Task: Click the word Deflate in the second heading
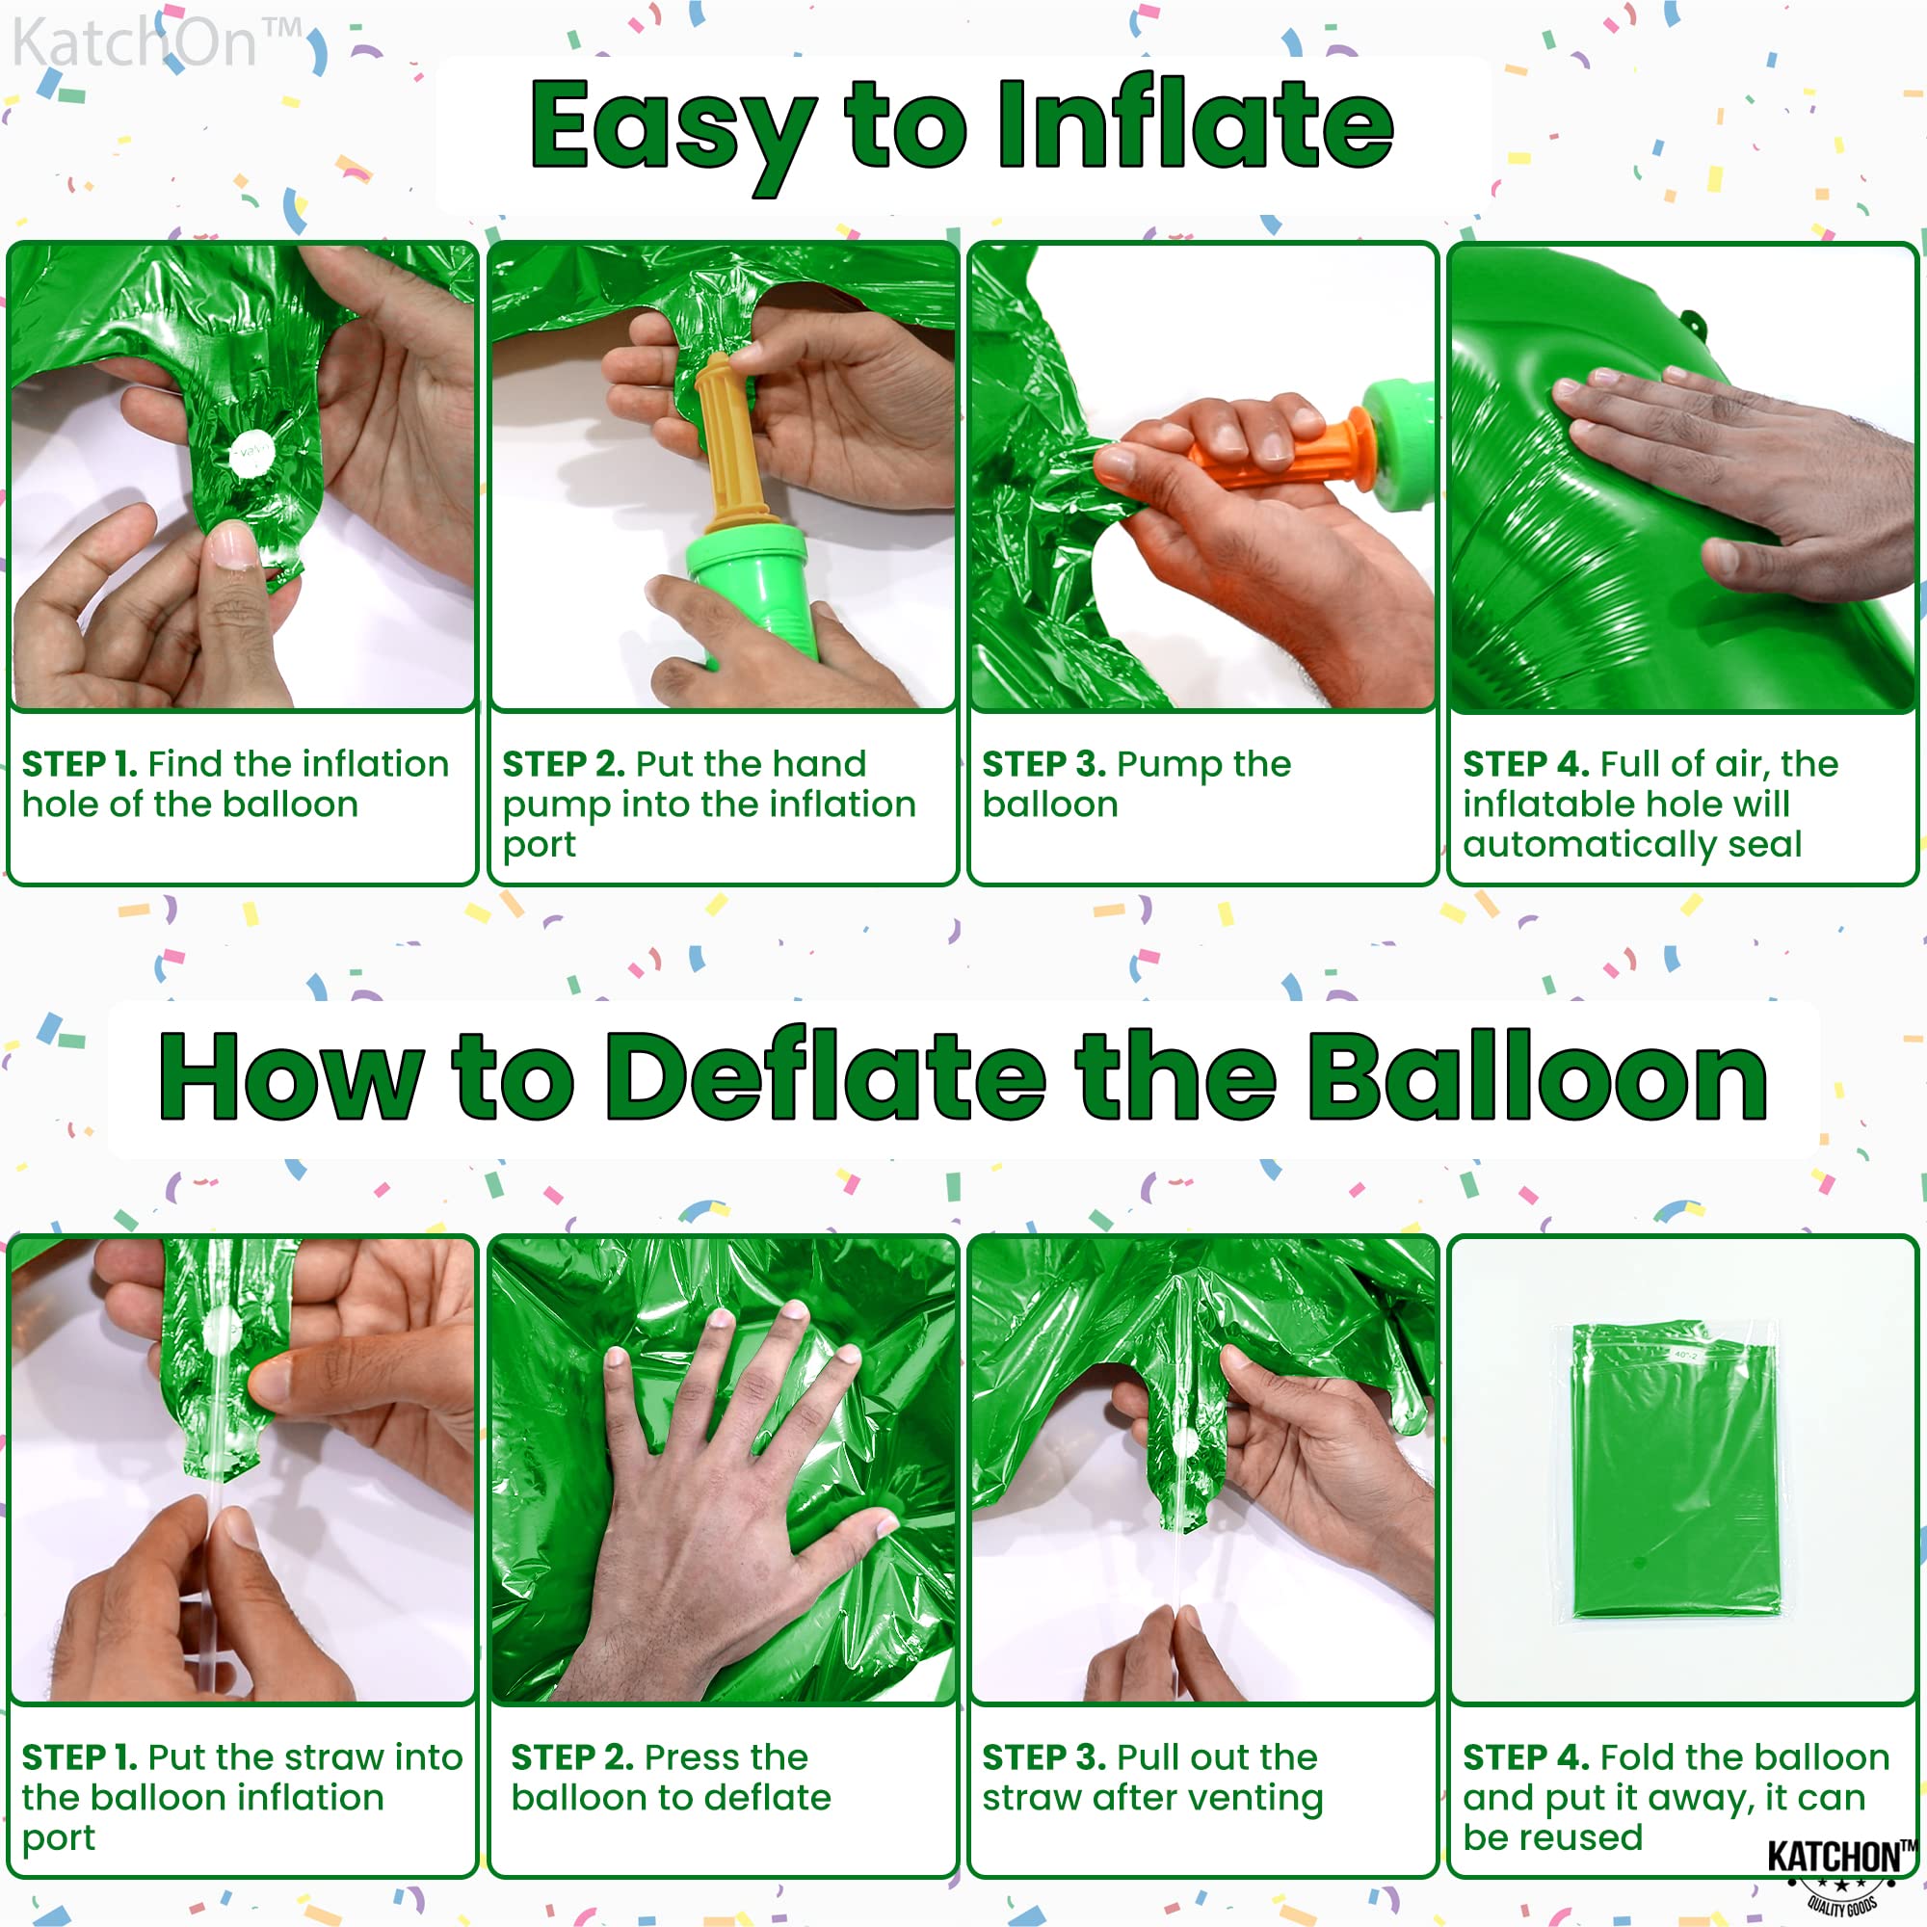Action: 826,1077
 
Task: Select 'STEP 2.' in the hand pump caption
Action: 564,764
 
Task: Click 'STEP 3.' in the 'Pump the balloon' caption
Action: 1044,764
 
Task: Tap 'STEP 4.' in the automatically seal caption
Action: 1526,764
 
